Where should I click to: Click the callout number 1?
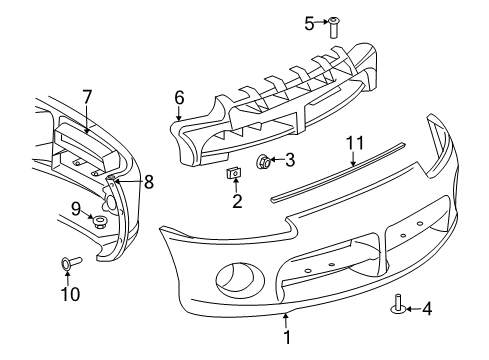tap(286, 338)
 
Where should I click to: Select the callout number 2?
tap(237, 201)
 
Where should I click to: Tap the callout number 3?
tap(289, 160)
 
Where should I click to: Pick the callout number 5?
tap(309, 23)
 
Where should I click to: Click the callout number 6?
tap(179, 98)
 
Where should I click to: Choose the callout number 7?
tap(87, 97)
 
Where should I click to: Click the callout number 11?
tap(351, 143)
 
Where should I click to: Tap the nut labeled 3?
tap(264, 160)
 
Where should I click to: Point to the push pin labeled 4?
tap(399, 305)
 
